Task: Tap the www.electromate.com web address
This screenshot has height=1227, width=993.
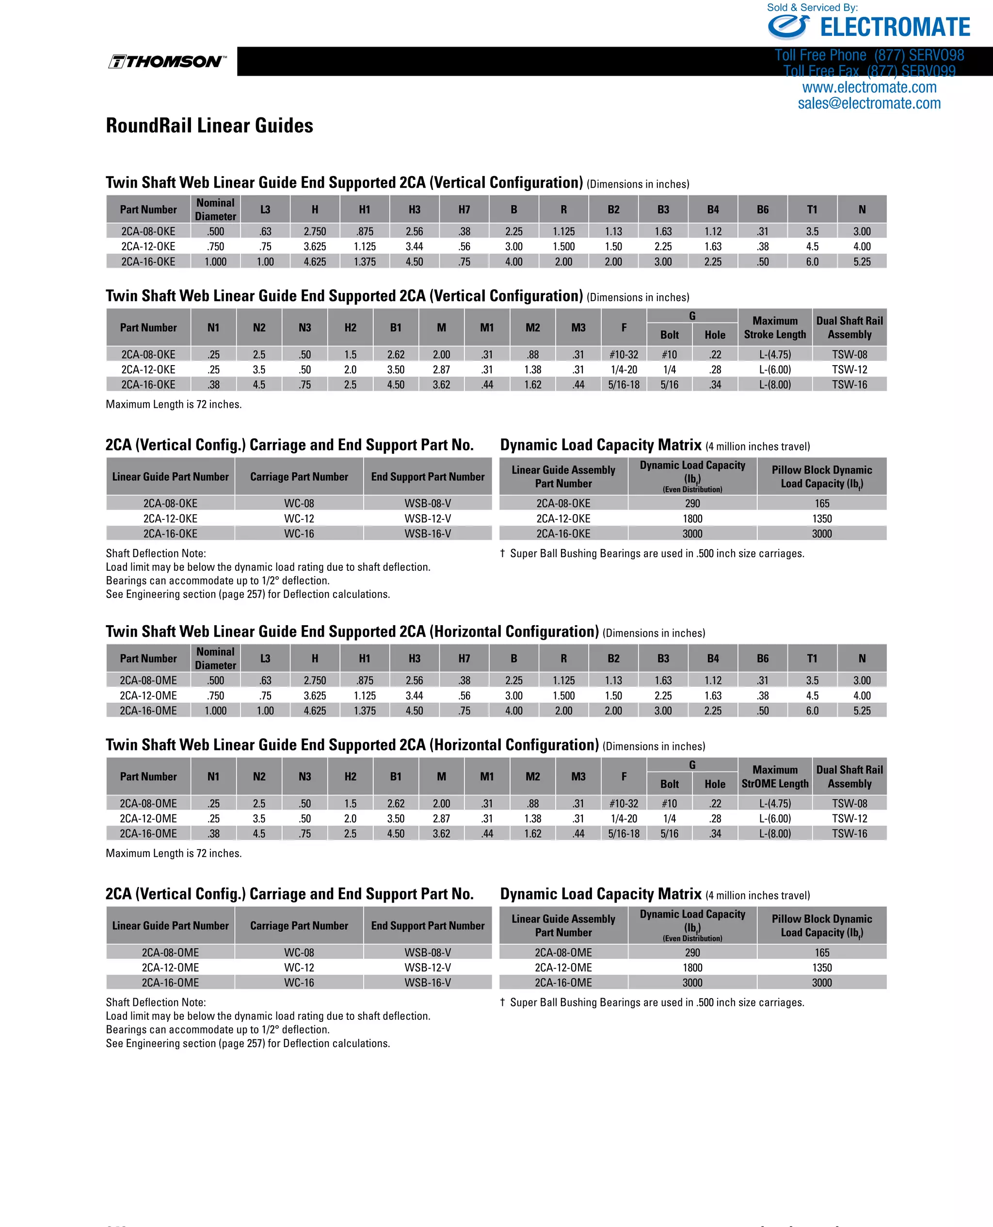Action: [869, 87]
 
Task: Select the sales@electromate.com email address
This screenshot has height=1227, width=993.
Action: [869, 103]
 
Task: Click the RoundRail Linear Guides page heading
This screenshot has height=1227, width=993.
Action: [209, 126]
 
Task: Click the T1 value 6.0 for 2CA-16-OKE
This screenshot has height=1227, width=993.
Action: [812, 261]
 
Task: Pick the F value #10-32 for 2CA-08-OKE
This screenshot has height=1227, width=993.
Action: [624, 355]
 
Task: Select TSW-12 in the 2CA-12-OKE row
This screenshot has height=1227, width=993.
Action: [849, 370]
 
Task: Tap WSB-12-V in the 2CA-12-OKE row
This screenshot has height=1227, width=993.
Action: [427, 518]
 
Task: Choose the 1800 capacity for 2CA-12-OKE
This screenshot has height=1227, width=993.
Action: [692, 518]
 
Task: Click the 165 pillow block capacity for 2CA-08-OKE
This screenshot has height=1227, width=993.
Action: [821, 503]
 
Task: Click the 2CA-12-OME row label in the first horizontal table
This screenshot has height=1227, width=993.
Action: [148, 695]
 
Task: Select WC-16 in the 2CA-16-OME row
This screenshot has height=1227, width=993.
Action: [299, 982]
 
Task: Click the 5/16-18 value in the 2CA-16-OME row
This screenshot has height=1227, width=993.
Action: [624, 834]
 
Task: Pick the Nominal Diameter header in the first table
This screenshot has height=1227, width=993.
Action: [215, 210]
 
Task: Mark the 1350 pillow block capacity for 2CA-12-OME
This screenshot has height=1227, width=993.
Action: [821, 968]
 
